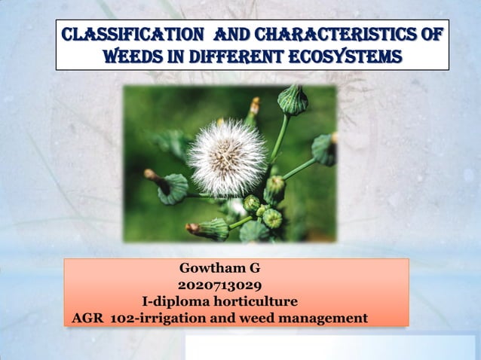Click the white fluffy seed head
(x=226, y=157)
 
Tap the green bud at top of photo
(x=292, y=100)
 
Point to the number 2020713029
(x=219, y=285)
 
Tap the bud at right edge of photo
(x=325, y=148)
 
